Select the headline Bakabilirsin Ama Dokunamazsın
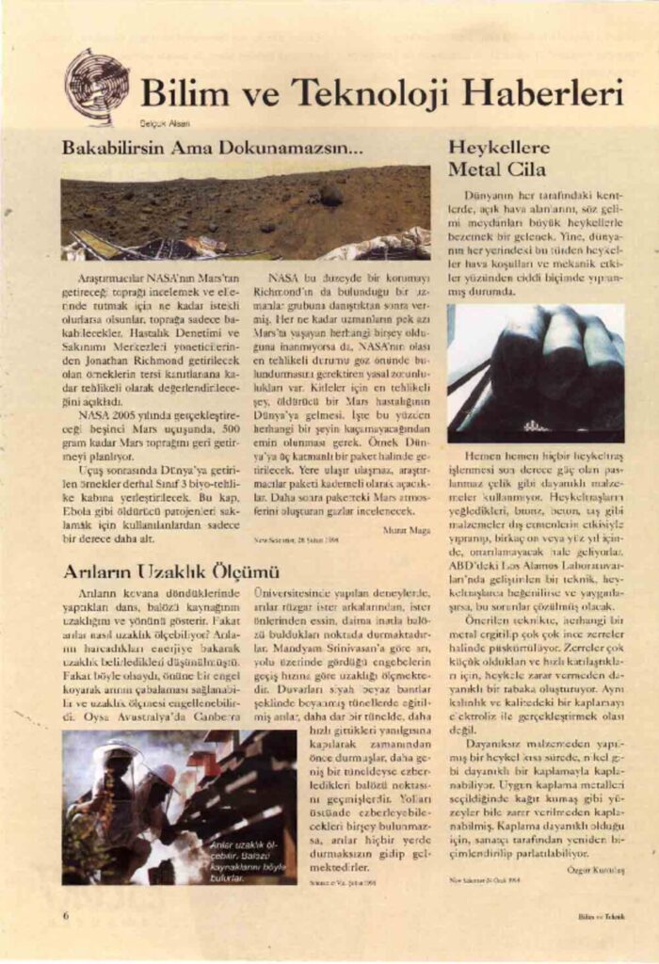[x=212, y=148]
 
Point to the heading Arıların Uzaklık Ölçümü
[x=171, y=570]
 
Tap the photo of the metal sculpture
[x=535, y=373]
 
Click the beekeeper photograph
[x=179, y=807]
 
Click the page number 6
[x=66, y=914]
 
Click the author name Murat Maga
[x=407, y=530]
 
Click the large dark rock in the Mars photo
[x=330, y=195]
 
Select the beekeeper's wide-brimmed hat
[x=118, y=750]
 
